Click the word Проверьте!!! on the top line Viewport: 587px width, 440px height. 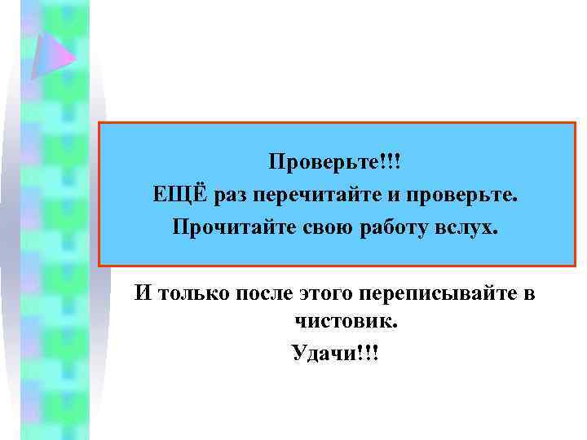coord(336,161)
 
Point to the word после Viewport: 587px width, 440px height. coord(271,293)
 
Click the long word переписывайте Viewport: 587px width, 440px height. coord(446,293)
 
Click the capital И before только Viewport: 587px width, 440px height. coord(143,292)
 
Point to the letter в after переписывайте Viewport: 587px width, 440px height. coord(528,293)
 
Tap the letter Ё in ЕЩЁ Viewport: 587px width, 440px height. coord(196,194)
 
